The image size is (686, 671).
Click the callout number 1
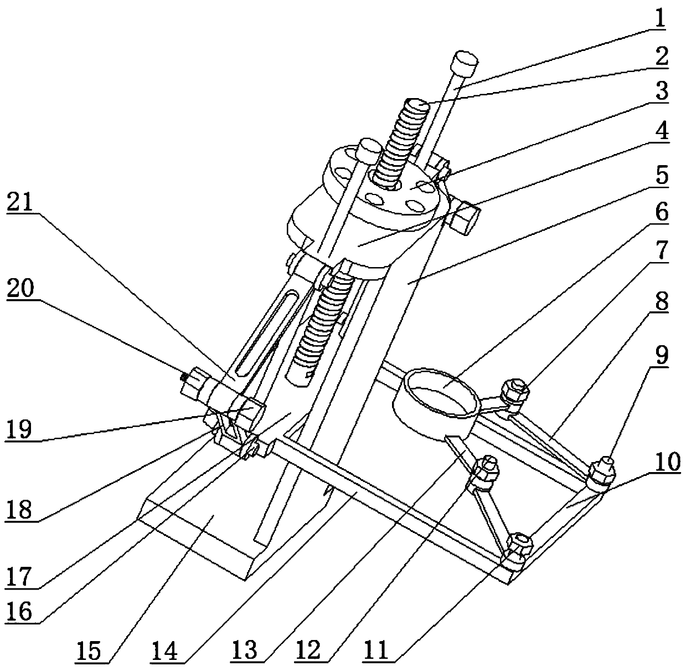pos(658,19)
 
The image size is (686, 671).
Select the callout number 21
pos(22,204)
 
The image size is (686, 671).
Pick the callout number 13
pos(245,650)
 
